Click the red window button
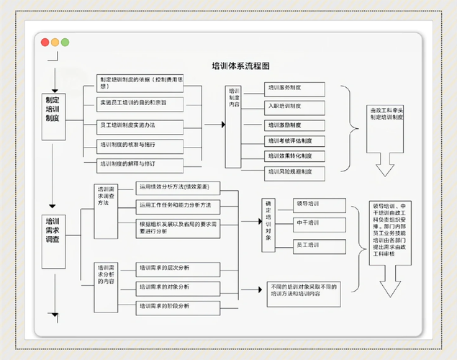(x=45, y=42)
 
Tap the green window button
(x=65, y=42)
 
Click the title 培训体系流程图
(x=240, y=66)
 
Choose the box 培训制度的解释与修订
(x=140, y=163)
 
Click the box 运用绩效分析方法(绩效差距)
(x=178, y=186)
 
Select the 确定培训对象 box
(x=268, y=225)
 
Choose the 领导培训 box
(x=320, y=204)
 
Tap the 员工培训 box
(x=320, y=246)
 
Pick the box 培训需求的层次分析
(x=178, y=269)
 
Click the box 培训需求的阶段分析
(x=178, y=306)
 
